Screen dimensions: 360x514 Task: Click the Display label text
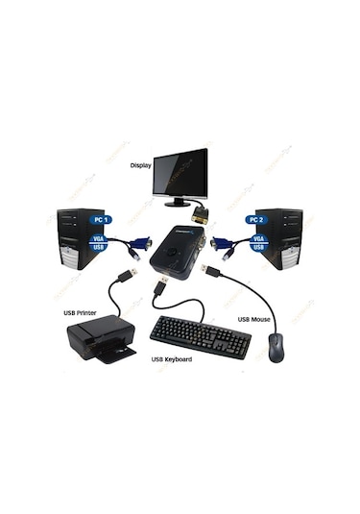(140, 165)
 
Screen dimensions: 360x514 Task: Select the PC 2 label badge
(255, 220)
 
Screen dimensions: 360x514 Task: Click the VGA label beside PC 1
(98, 236)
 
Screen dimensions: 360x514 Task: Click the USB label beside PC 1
(98, 248)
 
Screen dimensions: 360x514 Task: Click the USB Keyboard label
(171, 359)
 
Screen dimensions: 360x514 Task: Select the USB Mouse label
(256, 319)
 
